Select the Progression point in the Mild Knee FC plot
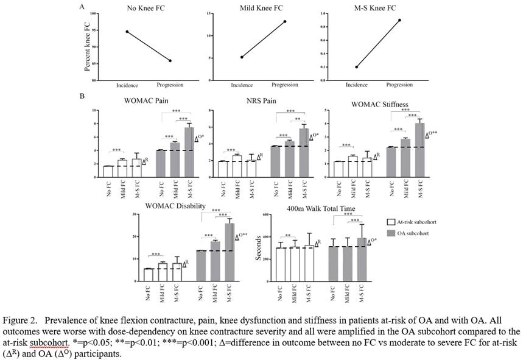[x=284, y=21]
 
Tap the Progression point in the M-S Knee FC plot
[x=400, y=20]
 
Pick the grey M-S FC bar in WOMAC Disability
[x=229, y=252]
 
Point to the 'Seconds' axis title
[x=259, y=250]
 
